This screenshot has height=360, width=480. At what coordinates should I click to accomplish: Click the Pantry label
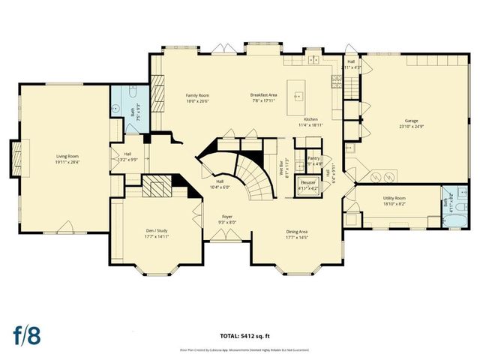[314, 158]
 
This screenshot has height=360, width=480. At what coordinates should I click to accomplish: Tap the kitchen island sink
[298, 96]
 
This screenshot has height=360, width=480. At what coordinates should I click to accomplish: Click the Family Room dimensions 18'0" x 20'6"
[197, 102]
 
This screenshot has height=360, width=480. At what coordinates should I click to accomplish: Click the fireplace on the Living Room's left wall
[15, 156]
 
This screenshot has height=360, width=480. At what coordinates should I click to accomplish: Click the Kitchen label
[311, 120]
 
